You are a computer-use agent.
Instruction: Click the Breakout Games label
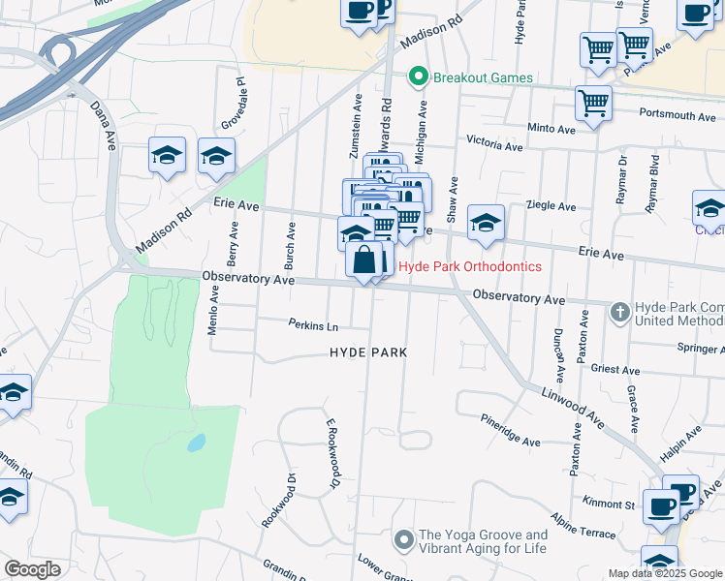[483, 77]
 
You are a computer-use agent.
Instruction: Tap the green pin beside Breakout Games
[419, 76]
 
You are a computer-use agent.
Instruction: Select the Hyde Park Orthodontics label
[470, 266]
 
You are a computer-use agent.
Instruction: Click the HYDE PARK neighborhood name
[368, 353]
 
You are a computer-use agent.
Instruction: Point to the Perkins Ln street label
[312, 324]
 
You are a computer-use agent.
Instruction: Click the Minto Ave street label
[552, 128]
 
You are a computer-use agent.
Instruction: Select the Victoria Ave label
[494, 145]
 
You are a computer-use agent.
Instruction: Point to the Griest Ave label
[615, 370]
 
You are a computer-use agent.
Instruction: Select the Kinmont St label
[609, 503]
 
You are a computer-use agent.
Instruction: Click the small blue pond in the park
[197, 443]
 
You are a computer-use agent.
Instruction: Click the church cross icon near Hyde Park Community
[620, 312]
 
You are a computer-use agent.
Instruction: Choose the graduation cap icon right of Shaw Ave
[486, 223]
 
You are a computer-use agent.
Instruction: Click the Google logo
[33, 569]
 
